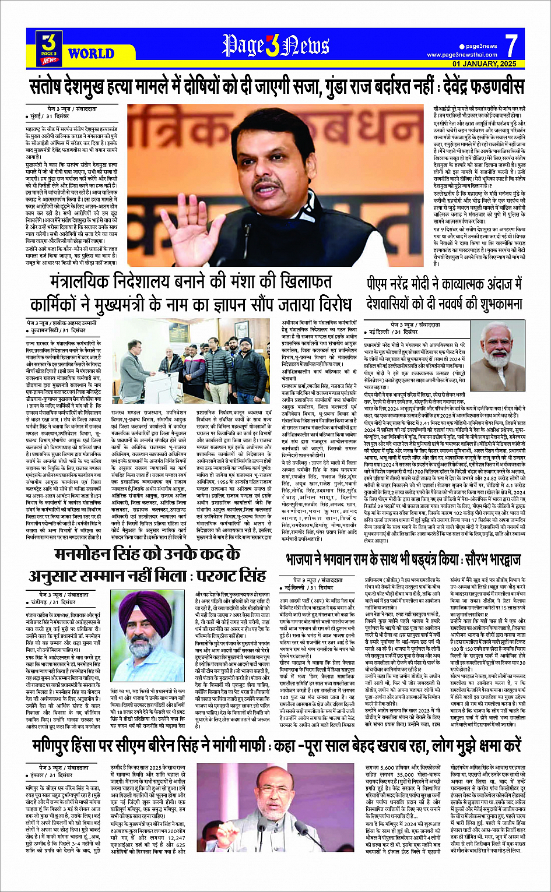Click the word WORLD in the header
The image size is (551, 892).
point(91,54)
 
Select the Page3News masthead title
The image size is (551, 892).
point(275,45)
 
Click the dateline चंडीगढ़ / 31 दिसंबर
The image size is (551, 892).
point(54,602)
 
